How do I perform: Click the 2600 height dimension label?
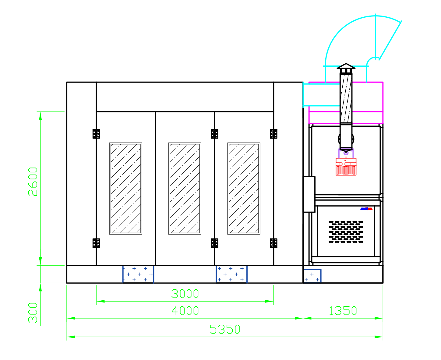tap(33, 182)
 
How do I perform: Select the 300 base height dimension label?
tap(33, 312)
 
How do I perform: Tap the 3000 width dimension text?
tap(185, 294)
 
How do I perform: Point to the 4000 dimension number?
tap(185, 310)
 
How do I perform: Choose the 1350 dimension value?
tap(343, 310)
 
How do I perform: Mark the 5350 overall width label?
tap(224, 329)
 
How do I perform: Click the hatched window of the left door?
tap(125, 188)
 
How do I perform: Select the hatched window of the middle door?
tap(185, 188)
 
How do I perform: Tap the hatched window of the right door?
tap(244, 188)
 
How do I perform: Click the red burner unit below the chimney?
tap(346, 167)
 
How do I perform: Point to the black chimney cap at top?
tap(346, 66)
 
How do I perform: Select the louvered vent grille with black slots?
tap(346, 232)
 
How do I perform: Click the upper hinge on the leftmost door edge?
tap(96, 134)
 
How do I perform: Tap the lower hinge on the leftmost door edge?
tap(96, 243)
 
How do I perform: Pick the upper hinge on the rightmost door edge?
tap(273, 134)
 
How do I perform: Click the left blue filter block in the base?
tap(138, 274)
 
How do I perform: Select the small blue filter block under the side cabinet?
tap(312, 276)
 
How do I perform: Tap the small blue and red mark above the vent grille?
tap(366, 209)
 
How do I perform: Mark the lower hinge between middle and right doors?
tap(214, 243)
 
